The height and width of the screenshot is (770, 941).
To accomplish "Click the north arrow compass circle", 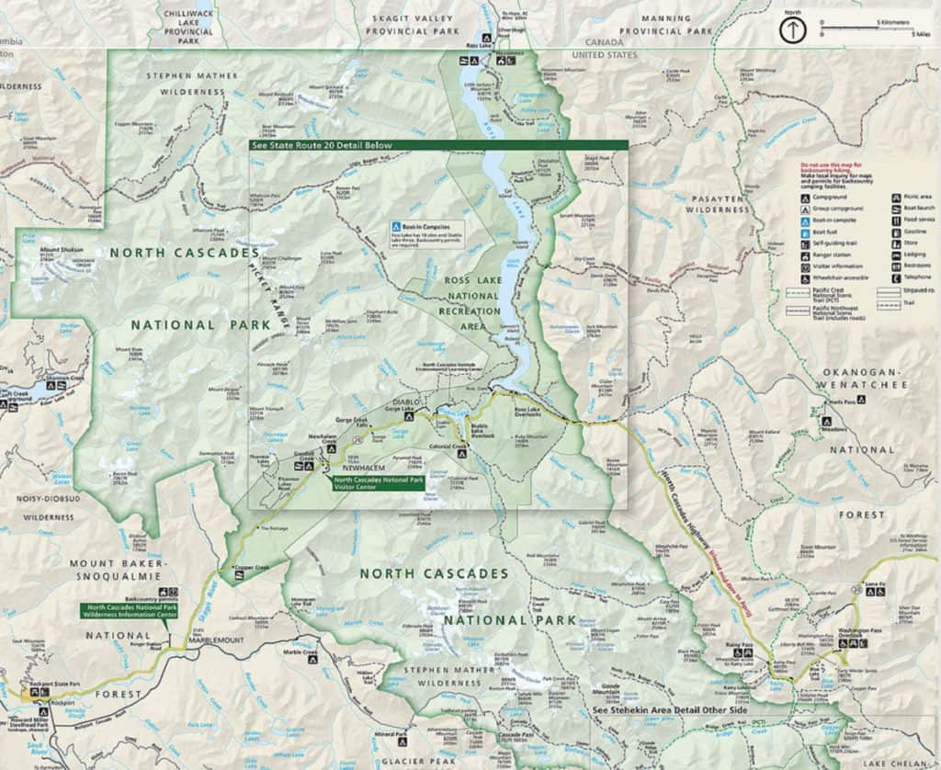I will pyautogui.click(x=790, y=28).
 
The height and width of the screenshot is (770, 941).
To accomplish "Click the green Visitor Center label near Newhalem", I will pyautogui.click(x=378, y=483).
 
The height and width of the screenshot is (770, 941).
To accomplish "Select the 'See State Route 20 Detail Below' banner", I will pyautogui.click(x=322, y=145).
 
